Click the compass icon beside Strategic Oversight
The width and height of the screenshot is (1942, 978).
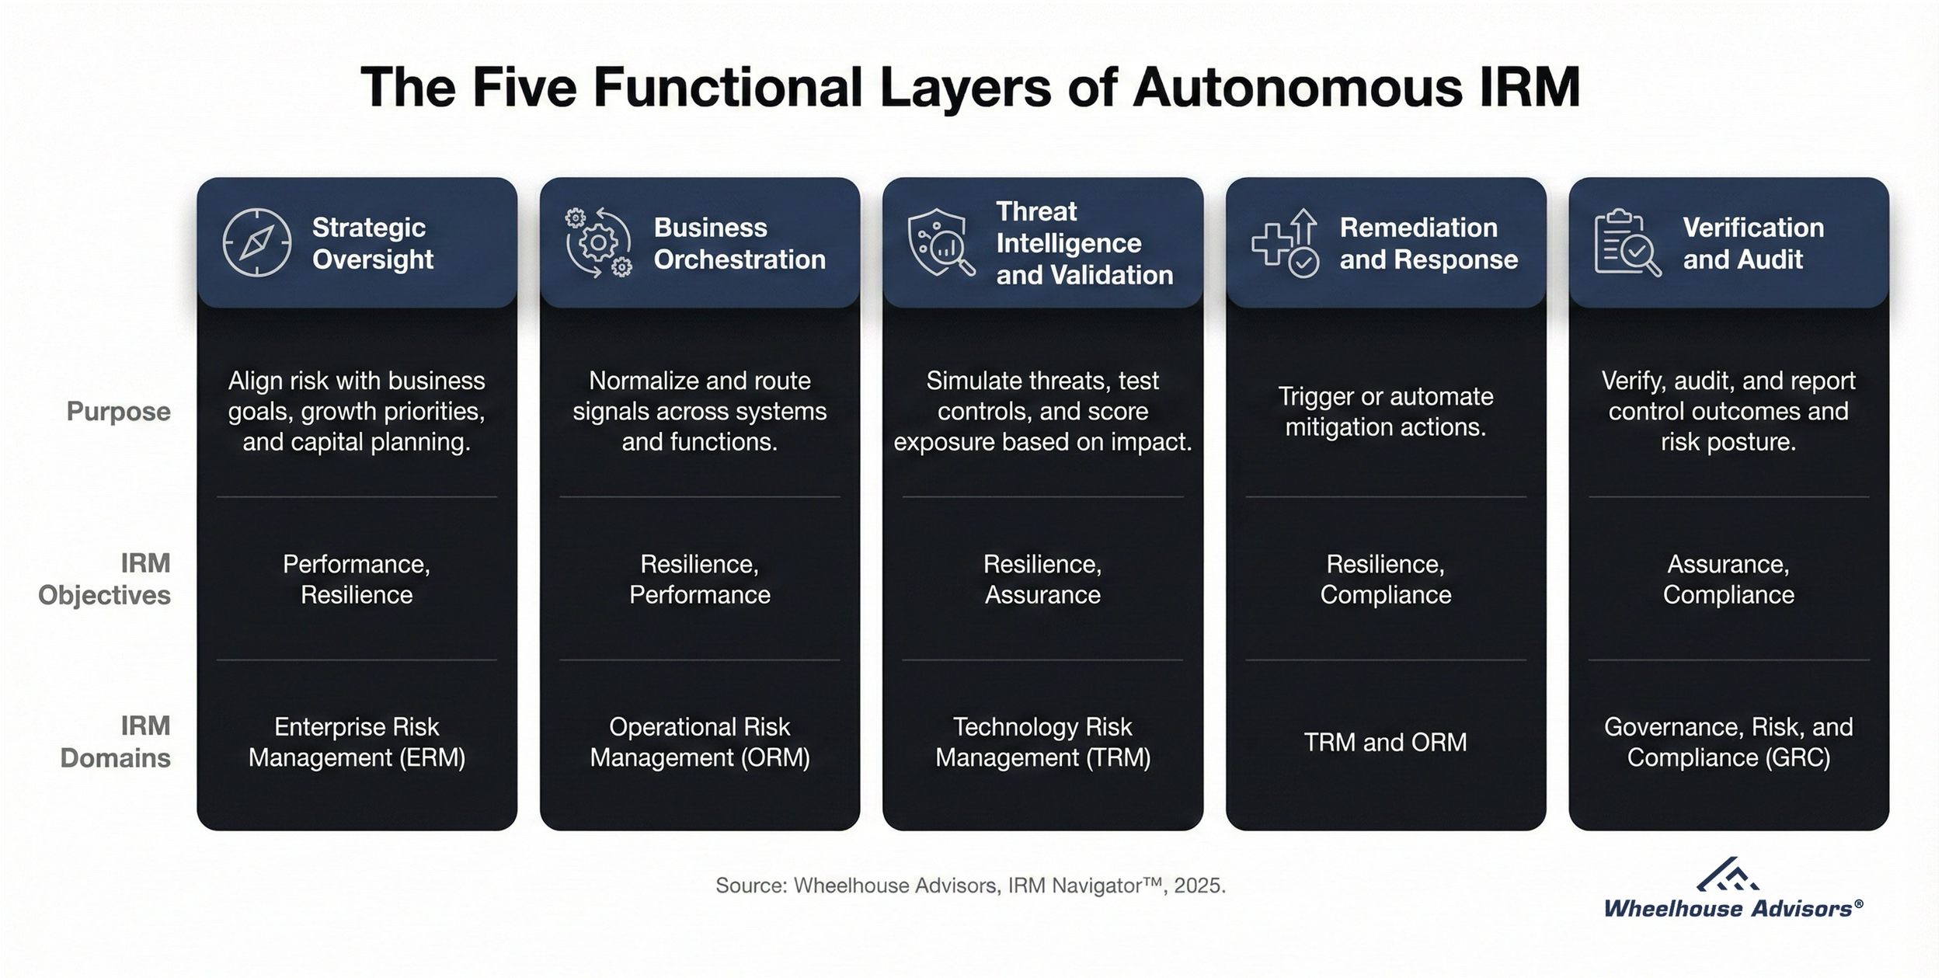(257, 242)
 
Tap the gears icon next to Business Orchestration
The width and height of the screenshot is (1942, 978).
(598, 242)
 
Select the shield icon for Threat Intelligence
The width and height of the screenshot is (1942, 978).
(941, 242)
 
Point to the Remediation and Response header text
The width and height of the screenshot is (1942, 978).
(1428, 243)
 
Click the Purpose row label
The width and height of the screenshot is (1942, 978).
(118, 411)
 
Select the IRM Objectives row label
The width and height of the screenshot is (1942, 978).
(104, 579)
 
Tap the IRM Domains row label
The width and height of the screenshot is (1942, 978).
(115, 742)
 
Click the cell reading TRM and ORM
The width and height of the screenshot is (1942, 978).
(1385, 742)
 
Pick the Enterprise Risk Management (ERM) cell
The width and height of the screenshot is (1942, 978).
(357, 742)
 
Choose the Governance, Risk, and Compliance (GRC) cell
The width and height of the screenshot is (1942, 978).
(1728, 742)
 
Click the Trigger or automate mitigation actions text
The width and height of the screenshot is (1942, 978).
(1385, 412)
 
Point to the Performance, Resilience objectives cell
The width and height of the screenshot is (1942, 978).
(357, 579)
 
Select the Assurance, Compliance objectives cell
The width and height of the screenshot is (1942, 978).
(1728, 579)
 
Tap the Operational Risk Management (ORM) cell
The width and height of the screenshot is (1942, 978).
(699, 742)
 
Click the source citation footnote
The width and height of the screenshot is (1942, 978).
(970, 886)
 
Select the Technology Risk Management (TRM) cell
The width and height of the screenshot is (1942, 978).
(1042, 742)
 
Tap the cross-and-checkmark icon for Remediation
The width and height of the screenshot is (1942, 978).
(1285, 242)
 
